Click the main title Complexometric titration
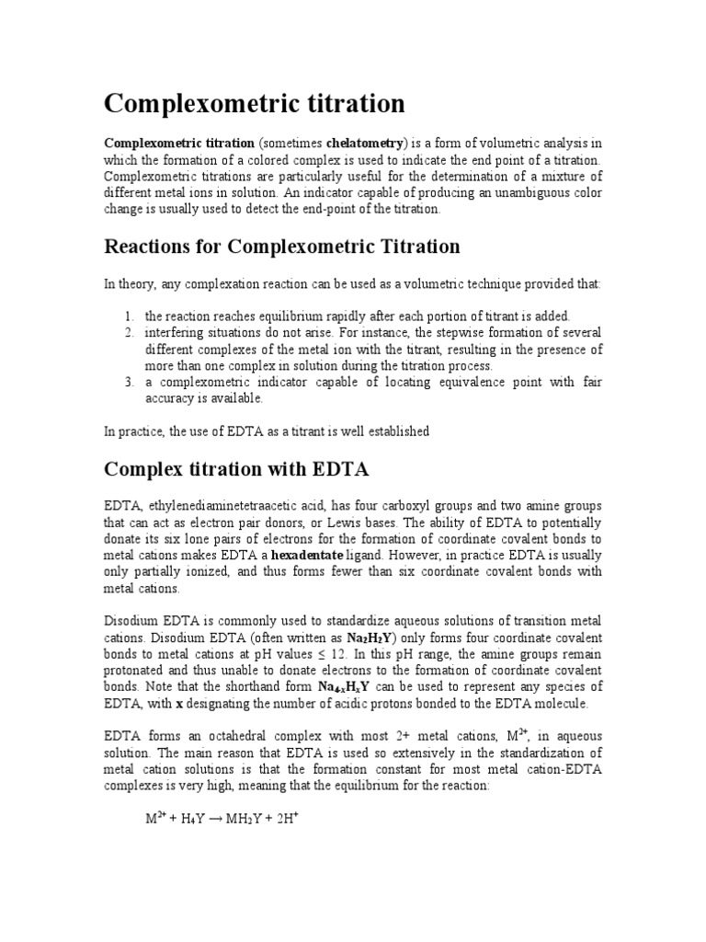254,103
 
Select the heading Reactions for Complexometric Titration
282,247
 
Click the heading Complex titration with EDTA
236,469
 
